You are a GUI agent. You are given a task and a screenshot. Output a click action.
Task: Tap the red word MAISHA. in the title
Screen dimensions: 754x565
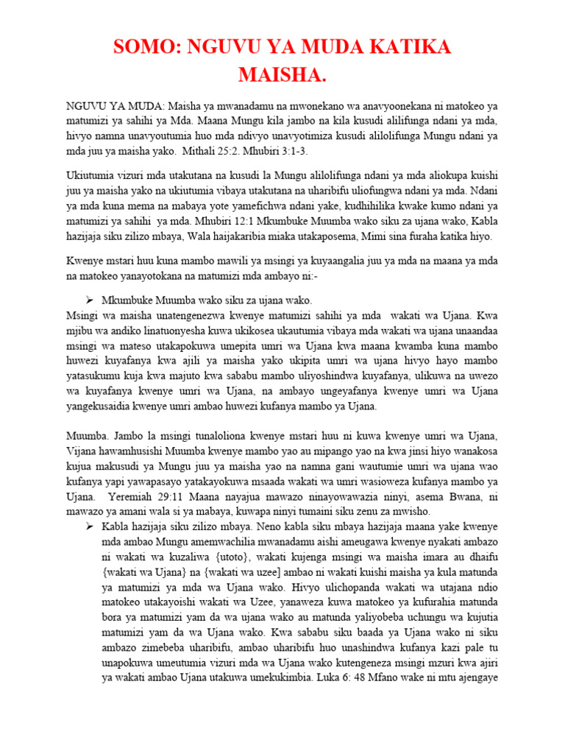[x=282, y=75]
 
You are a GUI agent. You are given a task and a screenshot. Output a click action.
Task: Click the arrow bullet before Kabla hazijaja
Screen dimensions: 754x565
[x=89, y=526]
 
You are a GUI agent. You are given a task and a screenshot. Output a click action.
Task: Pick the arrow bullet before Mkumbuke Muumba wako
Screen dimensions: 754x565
[x=89, y=300]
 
